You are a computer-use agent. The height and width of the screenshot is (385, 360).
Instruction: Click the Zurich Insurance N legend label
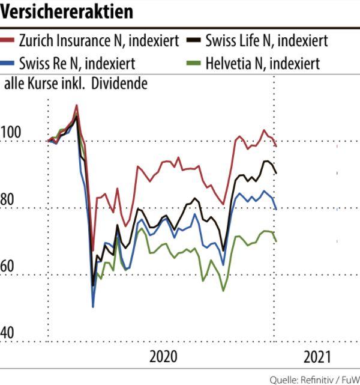99,42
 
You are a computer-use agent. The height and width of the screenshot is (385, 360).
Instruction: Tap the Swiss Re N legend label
77,62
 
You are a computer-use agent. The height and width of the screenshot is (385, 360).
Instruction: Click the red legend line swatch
8,42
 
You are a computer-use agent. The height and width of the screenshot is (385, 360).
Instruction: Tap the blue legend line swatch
8,62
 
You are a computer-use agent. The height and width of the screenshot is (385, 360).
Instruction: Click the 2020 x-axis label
163,357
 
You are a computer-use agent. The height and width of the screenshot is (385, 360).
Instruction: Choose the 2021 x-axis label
317,357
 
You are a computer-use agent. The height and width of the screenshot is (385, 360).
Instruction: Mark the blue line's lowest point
93,306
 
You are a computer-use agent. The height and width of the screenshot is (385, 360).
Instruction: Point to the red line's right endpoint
276,146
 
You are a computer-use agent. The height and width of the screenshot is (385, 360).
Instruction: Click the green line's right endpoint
276,241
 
